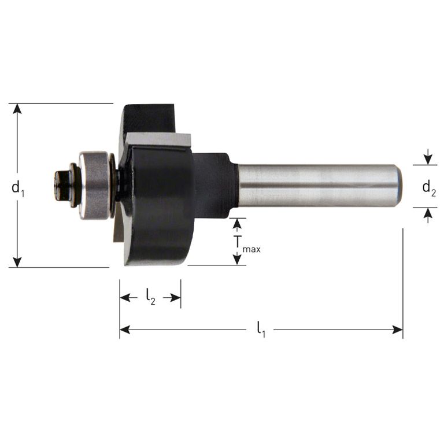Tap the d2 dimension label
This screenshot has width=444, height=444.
pyautogui.click(x=428, y=187)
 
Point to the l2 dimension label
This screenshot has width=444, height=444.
pyautogui.click(x=150, y=298)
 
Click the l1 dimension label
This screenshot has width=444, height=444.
pyautogui.click(x=261, y=330)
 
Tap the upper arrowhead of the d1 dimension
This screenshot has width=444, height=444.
pyautogui.click(x=18, y=109)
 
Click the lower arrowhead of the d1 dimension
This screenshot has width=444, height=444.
pyautogui.click(x=18, y=262)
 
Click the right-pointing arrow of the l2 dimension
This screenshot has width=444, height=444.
pyautogui.click(x=176, y=298)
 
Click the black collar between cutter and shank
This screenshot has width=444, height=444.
pyautogui.click(x=214, y=185)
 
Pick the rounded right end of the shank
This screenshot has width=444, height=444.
pyautogui.click(x=397, y=185)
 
